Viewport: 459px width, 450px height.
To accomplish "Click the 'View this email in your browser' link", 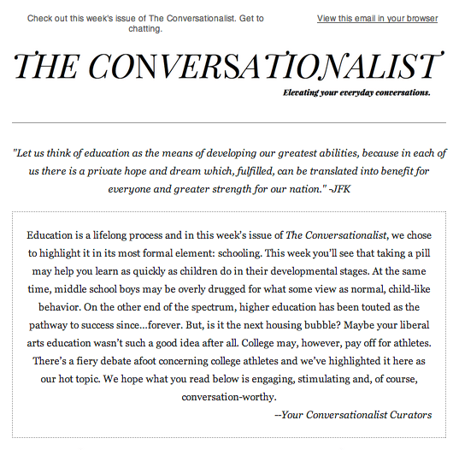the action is tap(377, 18).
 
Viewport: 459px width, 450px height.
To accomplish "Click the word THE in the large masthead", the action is tap(47, 67).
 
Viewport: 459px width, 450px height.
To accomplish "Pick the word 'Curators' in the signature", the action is tap(409, 415).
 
